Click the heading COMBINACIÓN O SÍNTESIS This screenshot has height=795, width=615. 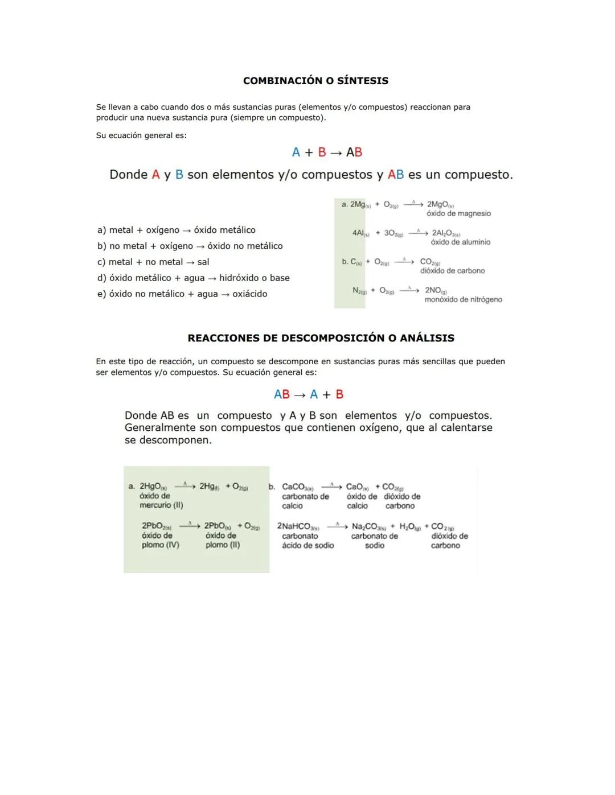tap(315, 81)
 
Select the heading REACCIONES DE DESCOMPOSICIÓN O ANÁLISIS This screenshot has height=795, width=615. tap(321, 338)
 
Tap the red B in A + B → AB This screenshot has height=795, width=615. tap(322, 153)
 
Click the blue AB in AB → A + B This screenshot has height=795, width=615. tap(281, 394)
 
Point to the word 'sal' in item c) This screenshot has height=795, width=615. tap(203, 262)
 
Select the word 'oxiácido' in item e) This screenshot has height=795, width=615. tap(249, 294)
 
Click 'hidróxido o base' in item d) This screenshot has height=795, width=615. tap(254, 278)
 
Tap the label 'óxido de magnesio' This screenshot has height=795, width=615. tap(458, 214)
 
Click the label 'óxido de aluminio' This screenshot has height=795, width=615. tap(460, 242)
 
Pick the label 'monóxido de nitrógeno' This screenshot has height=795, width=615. tap(463, 300)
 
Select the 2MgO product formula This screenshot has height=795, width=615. tap(440, 204)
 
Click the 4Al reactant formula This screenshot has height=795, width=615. tap(360, 233)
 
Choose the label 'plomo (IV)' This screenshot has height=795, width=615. tap(160, 545)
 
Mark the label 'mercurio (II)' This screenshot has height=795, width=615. tap(161, 505)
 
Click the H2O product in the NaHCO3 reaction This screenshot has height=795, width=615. tap(409, 527)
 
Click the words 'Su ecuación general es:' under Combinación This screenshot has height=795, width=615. tap(141, 135)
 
